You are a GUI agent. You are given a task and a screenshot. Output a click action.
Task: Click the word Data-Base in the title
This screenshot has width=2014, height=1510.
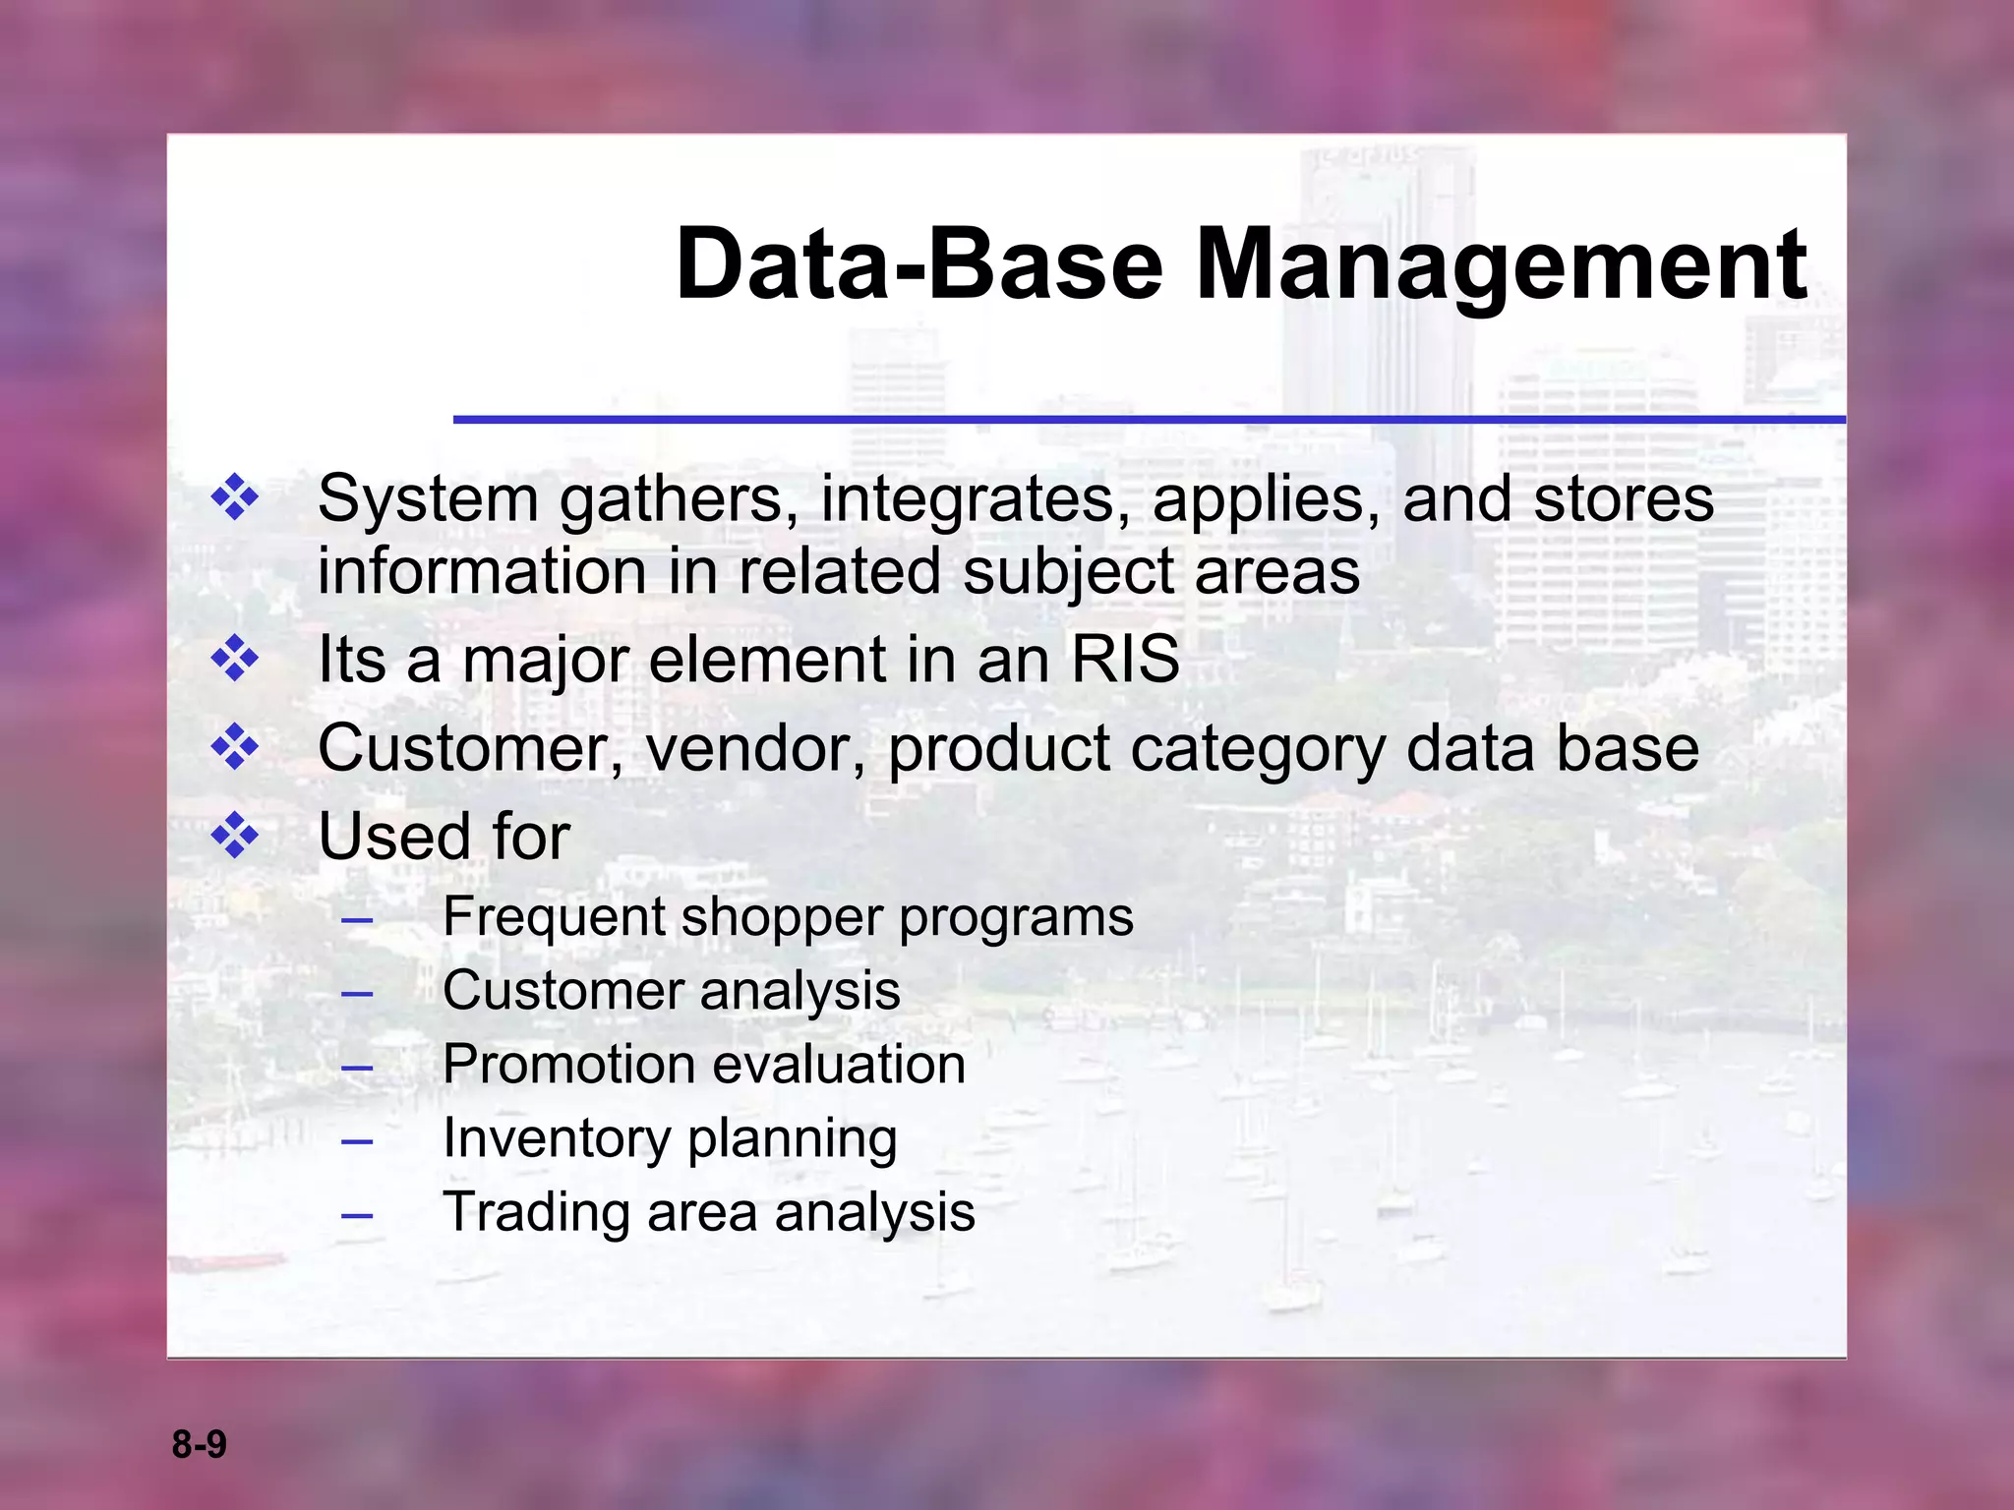pyautogui.click(x=919, y=265)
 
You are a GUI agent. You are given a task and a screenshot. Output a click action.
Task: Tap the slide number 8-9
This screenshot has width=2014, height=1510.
pyautogui.click(x=199, y=1444)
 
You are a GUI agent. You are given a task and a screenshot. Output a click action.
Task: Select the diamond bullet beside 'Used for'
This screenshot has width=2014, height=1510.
pyautogui.click(x=235, y=836)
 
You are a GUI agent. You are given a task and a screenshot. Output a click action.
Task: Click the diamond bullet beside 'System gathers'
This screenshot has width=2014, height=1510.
pyautogui.click(x=235, y=497)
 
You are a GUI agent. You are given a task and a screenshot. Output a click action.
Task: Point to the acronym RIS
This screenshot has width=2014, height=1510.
pyautogui.click(x=1124, y=659)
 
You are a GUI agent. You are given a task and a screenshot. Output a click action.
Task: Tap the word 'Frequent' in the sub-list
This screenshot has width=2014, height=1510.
pyautogui.click(x=553, y=917)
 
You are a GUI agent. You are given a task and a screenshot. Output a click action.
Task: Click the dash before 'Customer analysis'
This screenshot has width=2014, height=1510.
pyautogui.click(x=357, y=993)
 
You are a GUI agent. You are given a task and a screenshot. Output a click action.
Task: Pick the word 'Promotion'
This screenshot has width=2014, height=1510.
pyautogui.click(x=555, y=1065)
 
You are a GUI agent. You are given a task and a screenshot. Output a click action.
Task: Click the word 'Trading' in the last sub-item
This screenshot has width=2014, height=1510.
pyautogui.click(x=536, y=1212)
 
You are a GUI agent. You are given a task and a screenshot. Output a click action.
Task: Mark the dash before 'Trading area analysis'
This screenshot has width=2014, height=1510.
pyautogui.click(x=357, y=1215)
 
